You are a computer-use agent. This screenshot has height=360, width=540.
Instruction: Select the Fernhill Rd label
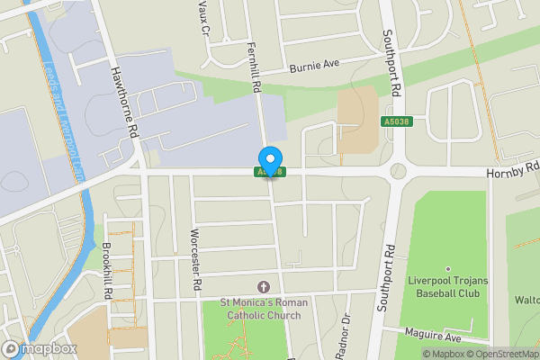tap(254, 69)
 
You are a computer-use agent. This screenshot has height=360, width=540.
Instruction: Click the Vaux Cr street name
tap(204, 16)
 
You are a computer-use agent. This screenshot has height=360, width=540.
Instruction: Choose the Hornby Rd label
tap(512, 168)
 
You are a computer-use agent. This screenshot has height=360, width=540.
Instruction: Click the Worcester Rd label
tap(194, 259)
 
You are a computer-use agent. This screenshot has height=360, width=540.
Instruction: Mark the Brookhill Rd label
tap(106, 270)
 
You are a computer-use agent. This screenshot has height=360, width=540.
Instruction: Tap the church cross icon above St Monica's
tap(264, 286)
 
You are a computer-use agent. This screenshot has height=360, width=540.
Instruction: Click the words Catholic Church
tap(265, 315)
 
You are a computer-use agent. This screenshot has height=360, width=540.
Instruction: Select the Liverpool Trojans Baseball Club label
tap(447, 287)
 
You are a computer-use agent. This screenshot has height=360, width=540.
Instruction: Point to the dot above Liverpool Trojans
tap(447, 268)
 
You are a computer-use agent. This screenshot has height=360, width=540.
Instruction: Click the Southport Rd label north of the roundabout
tap(391, 63)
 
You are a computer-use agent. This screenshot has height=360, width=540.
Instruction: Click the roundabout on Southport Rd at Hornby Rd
tap(397, 171)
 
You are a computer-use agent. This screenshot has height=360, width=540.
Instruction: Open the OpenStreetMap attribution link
tap(499, 354)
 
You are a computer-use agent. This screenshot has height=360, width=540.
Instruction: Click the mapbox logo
tap(40, 348)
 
